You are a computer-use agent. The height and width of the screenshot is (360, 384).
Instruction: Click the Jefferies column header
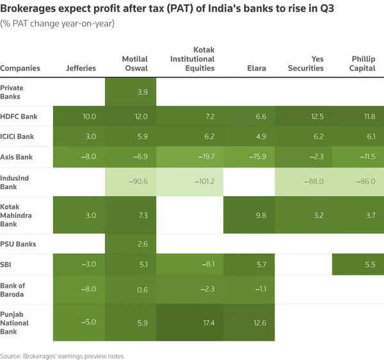pos(81,68)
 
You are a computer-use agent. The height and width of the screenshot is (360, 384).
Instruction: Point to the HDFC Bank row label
pos(19,117)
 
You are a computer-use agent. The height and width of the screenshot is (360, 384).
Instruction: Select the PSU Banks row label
pos(18,244)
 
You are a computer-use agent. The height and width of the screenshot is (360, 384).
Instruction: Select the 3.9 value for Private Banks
pos(142,92)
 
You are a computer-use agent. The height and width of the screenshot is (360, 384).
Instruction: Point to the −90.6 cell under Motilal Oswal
pos(138,182)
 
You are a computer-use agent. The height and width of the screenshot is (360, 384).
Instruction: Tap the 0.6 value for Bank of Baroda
pos(142,288)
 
